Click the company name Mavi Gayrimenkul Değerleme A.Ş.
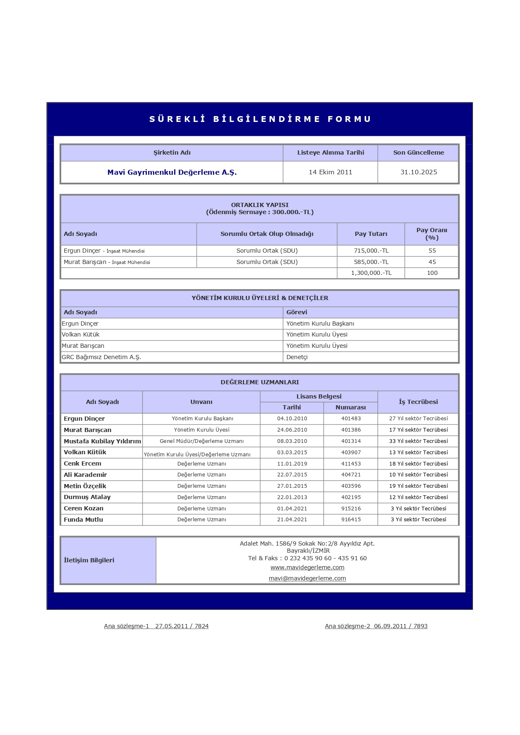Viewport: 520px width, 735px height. pos(172,172)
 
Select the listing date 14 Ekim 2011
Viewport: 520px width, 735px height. pos(330,172)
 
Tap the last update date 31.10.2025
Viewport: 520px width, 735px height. pos(419,172)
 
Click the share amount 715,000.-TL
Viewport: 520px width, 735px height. pos(371,251)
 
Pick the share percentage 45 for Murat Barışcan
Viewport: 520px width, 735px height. pos(432,262)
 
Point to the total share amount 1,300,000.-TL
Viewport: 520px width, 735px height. pos(371,273)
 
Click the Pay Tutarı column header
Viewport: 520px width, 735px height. pos(371,234)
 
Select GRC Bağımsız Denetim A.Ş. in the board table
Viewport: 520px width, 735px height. pos(101,357)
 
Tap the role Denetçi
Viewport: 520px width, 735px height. pos(297,357)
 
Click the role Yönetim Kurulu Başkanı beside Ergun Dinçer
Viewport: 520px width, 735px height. pos(320,324)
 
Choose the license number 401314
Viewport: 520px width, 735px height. pos(351,441)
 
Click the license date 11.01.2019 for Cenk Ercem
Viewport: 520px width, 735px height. pos(292,464)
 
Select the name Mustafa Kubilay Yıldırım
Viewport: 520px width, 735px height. pos(102,441)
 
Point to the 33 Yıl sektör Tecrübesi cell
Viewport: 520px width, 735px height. pos(418,441)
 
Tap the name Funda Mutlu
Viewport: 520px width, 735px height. pos(83,520)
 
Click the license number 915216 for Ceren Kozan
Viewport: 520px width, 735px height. pos(351,509)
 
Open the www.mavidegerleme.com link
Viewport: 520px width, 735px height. pos(307,567)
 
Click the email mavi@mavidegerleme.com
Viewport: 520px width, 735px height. pos(307,578)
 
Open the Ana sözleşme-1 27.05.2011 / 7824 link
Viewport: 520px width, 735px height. pos(156,626)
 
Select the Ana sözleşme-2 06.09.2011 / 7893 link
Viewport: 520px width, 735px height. pos(376,626)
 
